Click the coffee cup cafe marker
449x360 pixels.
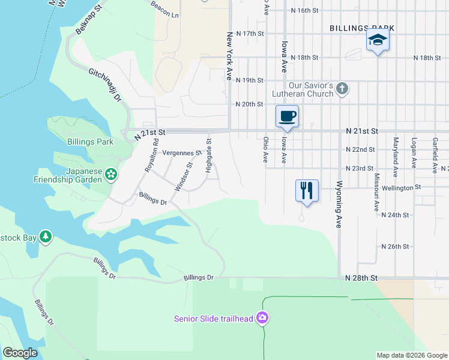tap(287, 115)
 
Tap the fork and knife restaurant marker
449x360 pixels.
tap(307, 190)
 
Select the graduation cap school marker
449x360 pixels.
tap(378, 40)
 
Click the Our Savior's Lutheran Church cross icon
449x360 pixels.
tap(342, 89)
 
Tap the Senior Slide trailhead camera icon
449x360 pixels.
tap(262, 317)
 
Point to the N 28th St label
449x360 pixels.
tap(361, 278)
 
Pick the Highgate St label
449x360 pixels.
tap(209, 156)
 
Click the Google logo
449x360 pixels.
tap(20, 352)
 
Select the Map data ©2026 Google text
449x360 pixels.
tap(411, 355)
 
